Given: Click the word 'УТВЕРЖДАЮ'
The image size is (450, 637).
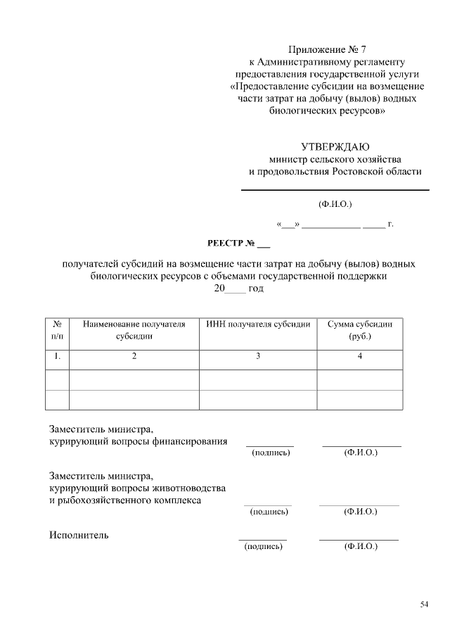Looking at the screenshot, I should tap(335, 147).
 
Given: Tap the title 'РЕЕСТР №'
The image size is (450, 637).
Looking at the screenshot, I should tap(238, 244).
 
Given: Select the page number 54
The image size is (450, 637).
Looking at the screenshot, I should tap(424, 604).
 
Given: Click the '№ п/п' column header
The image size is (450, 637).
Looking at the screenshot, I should tap(57, 330).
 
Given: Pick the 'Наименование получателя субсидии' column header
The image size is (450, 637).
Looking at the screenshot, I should tap(134, 330).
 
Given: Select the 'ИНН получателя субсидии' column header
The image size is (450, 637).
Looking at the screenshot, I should tap(258, 324).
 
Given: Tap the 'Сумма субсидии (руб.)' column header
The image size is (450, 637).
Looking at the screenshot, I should tap(359, 330).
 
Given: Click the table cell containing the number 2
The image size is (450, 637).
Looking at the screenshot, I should tap(134, 357).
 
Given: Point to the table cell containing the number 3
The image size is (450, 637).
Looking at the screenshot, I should tap(258, 357).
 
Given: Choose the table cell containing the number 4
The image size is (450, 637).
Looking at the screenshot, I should tap(359, 357).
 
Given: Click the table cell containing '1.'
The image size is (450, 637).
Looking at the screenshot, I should tap(57, 357).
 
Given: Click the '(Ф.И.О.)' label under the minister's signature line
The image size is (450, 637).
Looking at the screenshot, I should tap(335, 205).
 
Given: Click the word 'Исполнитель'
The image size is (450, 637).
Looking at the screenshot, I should tap(79, 536).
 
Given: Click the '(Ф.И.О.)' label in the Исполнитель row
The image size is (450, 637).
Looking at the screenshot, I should tap(360, 547).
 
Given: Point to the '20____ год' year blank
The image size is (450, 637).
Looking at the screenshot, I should tap(238, 289).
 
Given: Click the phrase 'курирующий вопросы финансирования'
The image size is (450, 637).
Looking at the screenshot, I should tap(138, 441).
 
